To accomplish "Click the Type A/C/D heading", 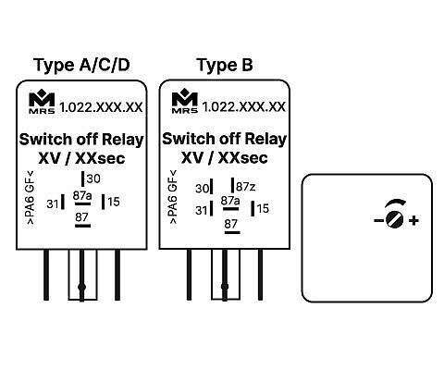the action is (81, 66).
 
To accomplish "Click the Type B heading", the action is (225, 66).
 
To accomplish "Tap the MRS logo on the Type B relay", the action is (185, 101).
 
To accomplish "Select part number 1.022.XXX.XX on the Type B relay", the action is (244, 107).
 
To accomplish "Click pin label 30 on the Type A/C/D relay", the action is (93, 179).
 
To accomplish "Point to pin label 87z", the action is (245, 187).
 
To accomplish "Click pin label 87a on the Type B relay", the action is (230, 201).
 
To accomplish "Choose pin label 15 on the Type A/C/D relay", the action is (114, 202).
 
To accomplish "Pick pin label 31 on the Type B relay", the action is (202, 211).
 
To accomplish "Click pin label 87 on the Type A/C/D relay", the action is (81, 217).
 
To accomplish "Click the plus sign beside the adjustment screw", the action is (413, 220).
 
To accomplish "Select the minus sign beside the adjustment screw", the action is (378, 220).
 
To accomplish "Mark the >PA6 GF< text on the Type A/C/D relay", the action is (31, 197).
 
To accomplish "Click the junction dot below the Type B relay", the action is (225, 287).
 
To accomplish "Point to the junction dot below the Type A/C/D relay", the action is (81, 287).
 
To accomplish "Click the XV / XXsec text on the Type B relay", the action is (225, 158).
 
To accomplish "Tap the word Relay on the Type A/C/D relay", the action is (123, 141).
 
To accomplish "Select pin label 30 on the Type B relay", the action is (202, 189).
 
